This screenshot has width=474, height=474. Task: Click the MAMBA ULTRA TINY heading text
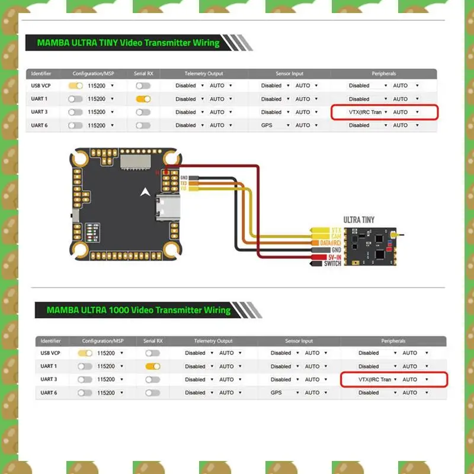pos(128,43)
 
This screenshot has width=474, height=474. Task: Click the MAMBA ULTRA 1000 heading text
pos(138,310)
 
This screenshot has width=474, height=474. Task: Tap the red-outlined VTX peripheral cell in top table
pos(384,112)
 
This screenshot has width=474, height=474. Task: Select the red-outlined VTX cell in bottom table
pos(393,379)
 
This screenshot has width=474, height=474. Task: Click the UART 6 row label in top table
pos(40,125)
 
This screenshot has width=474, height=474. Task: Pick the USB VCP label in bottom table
pos(49,353)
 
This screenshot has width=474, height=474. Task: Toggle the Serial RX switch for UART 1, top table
pos(143,99)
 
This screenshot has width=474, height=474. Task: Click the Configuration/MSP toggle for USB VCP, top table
pos(75,86)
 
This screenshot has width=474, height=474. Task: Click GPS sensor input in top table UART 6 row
pos(268,125)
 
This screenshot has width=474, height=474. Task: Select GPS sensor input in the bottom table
pos(277,392)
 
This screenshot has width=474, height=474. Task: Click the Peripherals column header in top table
pos(384,73)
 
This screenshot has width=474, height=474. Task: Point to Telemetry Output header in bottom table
pos(213,341)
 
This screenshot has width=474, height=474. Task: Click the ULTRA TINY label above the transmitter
pos(359,220)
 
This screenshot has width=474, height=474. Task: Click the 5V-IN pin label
pos(332,257)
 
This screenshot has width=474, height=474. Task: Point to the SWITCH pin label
pos(332,264)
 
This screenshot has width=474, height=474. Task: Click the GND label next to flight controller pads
pos(184,178)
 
